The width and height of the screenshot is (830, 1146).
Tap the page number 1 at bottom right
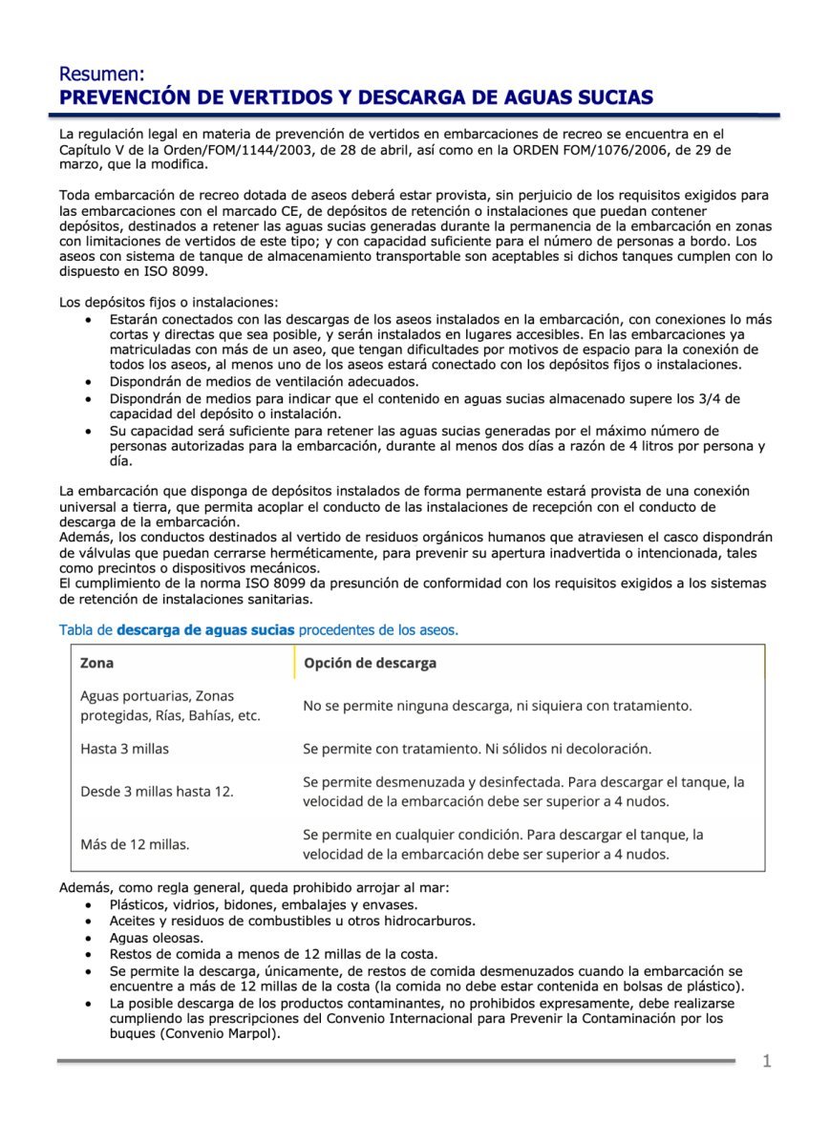pyautogui.click(x=766, y=1062)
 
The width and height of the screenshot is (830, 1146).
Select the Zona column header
pyautogui.click(x=96, y=663)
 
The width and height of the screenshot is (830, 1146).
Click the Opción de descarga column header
pyautogui.click(x=370, y=663)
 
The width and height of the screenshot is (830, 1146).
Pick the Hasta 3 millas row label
pyautogui.click(x=124, y=749)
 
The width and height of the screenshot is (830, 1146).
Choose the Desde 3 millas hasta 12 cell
pyautogui.click(x=157, y=792)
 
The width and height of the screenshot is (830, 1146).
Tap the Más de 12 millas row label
pyautogui.click(x=135, y=843)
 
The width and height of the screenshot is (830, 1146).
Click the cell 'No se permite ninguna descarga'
pyautogui.click(x=497, y=706)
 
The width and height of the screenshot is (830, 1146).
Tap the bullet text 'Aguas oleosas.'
pyautogui.click(x=157, y=938)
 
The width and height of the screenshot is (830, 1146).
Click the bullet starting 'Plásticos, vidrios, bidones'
pyautogui.click(x=264, y=904)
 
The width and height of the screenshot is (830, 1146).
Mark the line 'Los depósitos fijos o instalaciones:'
pyautogui.click(x=168, y=302)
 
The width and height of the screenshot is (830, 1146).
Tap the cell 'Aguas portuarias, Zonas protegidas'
pyautogui.click(x=170, y=706)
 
